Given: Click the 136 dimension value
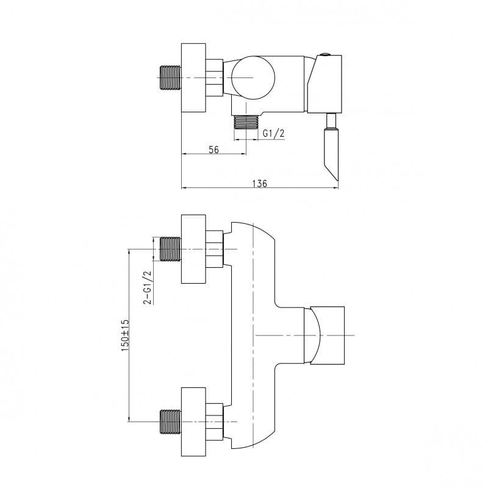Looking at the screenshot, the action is click(x=260, y=184).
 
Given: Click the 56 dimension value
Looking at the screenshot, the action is click(x=213, y=149).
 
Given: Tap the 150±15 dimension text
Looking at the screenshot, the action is click(x=125, y=335).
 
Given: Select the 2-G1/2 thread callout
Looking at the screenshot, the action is click(x=147, y=287).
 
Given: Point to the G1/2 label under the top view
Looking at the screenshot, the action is click(x=273, y=134).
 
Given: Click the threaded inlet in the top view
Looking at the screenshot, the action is click(x=170, y=77).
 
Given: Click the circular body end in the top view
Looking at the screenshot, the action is click(x=253, y=77).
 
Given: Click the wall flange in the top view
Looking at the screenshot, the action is click(x=193, y=77).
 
